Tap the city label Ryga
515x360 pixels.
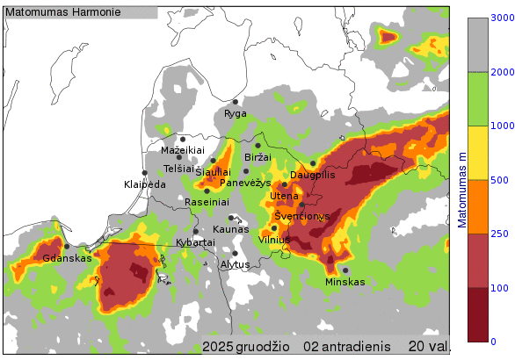(236, 113)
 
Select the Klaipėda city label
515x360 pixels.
(145, 184)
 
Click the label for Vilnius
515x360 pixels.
(274, 239)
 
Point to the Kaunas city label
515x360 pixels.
(230, 228)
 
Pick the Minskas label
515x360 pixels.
(345, 282)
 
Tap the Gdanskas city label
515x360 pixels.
(67, 258)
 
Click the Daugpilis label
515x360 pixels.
(313, 175)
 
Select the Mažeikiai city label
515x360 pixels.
(182, 150)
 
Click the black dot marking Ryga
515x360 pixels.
(236, 102)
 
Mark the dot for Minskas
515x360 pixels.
(345, 270)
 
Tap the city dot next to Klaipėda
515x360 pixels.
(144, 173)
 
